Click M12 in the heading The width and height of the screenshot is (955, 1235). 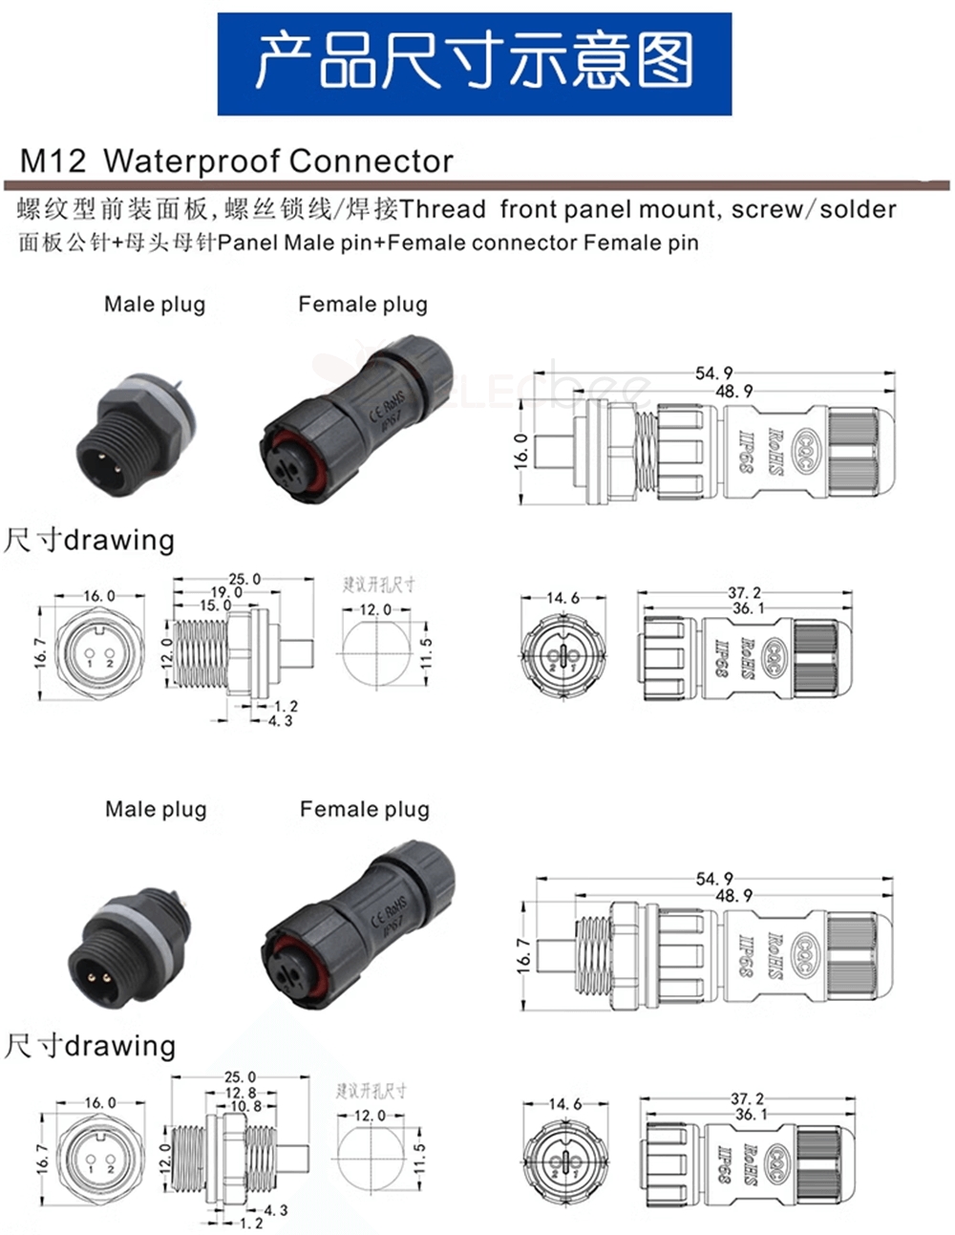(53, 160)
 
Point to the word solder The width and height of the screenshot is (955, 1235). (858, 209)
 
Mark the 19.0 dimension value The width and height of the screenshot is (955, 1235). (226, 592)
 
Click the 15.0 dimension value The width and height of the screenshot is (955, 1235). (215, 606)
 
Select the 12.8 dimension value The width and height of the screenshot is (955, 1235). (240, 1093)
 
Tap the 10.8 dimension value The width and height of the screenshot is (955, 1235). (245, 1106)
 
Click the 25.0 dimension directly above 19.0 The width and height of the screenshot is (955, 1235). (244, 579)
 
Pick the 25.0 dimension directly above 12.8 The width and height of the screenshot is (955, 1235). (240, 1078)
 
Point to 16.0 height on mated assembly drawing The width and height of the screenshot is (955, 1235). (521, 450)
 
